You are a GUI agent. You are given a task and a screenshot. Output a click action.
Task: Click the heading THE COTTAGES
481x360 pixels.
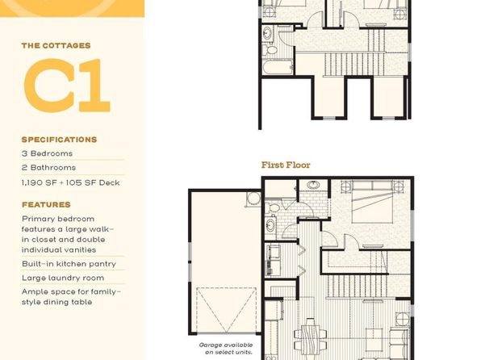56,46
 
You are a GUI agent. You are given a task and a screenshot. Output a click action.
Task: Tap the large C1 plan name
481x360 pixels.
67,86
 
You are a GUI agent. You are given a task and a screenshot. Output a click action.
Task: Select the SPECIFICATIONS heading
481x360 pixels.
59,140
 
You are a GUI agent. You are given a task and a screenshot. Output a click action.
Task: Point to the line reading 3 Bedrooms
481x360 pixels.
47,153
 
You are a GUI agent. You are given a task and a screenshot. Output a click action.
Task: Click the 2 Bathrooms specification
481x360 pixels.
48,168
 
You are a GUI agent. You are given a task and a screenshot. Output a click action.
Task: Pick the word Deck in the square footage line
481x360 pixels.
110,182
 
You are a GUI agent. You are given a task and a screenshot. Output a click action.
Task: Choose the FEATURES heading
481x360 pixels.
46,205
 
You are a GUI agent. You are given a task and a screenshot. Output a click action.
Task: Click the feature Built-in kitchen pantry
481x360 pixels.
69,264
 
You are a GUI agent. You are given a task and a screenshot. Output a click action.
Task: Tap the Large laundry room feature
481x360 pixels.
63,278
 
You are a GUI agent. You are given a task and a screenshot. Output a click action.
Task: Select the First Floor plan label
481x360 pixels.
286,165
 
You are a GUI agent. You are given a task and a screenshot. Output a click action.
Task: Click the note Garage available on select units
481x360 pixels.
226,349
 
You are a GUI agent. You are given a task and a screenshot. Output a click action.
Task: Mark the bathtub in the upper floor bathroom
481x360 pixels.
278,67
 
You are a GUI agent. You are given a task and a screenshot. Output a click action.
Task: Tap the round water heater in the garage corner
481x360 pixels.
253,199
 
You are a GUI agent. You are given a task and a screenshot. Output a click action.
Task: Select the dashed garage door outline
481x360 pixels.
226,310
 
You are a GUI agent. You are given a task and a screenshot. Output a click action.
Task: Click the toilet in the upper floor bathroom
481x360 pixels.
270,50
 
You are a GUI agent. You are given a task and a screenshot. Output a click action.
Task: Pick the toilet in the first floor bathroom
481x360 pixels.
273,208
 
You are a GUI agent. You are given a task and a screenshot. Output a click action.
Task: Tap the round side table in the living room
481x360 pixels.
403,319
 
